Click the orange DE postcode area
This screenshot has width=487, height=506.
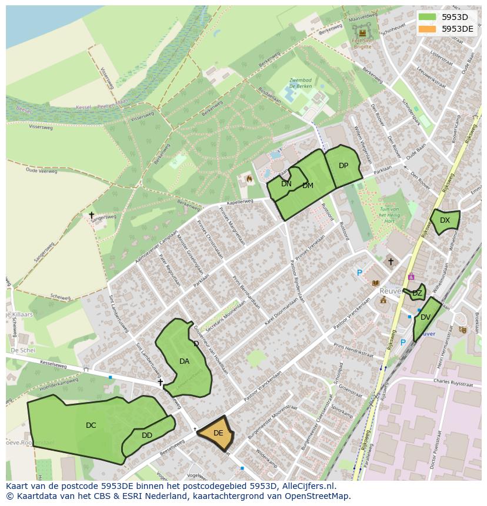[x=217, y=433]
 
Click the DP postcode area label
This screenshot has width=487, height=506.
[x=343, y=166]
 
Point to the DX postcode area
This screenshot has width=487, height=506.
[x=445, y=220]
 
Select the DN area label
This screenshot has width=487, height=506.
[x=286, y=184]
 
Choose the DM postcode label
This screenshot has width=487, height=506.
[x=308, y=186]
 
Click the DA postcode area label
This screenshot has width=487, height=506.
[x=184, y=361]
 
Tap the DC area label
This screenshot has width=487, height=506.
[x=91, y=425]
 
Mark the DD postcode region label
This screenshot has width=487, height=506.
[x=147, y=435]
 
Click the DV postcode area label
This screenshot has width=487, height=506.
[x=425, y=317]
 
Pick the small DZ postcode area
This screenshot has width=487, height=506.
[x=417, y=293]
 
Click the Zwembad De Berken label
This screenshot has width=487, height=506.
[x=301, y=83]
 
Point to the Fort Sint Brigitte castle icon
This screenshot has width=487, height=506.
[x=362, y=33]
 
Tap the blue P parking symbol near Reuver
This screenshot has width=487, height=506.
[x=359, y=273]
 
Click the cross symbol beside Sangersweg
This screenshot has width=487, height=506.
[x=91, y=216]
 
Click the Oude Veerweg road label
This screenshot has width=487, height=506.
[x=41, y=170]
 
